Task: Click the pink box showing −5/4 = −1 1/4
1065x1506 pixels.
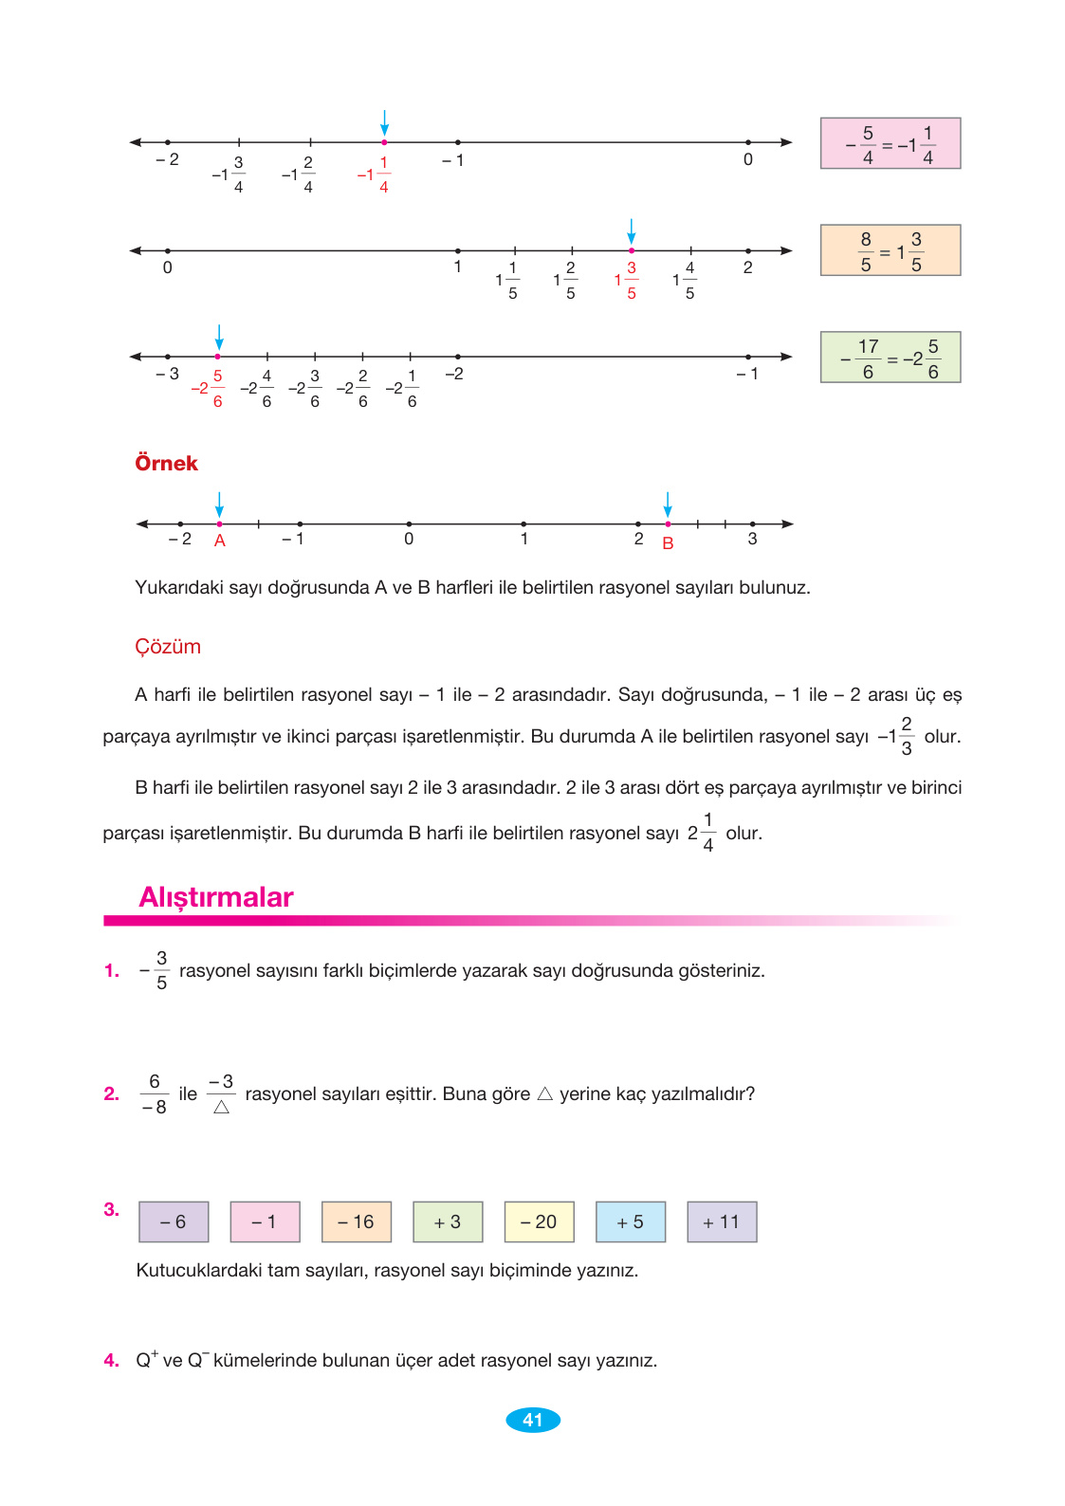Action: [890, 144]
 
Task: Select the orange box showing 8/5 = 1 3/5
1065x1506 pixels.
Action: [890, 250]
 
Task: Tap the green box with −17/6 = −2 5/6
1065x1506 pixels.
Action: [890, 358]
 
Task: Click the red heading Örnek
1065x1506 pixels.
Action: [166, 464]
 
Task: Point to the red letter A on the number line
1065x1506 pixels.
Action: [219, 541]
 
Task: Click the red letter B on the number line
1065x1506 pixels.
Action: [668, 543]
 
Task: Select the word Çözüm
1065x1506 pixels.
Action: [168, 647]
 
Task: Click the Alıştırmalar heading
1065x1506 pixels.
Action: [216, 897]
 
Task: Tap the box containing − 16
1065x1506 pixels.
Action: [356, 1221]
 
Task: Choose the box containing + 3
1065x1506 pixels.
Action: [448, 1221]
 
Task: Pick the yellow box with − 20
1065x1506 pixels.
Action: [539, 1221]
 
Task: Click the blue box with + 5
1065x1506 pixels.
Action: [630, 1221]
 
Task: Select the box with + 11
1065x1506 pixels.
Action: [722, 1221]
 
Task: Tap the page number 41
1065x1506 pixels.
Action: [533, 1420]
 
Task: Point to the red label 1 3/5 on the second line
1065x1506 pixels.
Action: [626, 281]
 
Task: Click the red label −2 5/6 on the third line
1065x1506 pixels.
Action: [208, 389]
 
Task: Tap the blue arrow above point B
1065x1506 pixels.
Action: [668, 504]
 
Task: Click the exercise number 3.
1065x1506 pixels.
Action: [111, 1209]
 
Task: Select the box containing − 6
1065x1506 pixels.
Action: [174, 1221]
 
